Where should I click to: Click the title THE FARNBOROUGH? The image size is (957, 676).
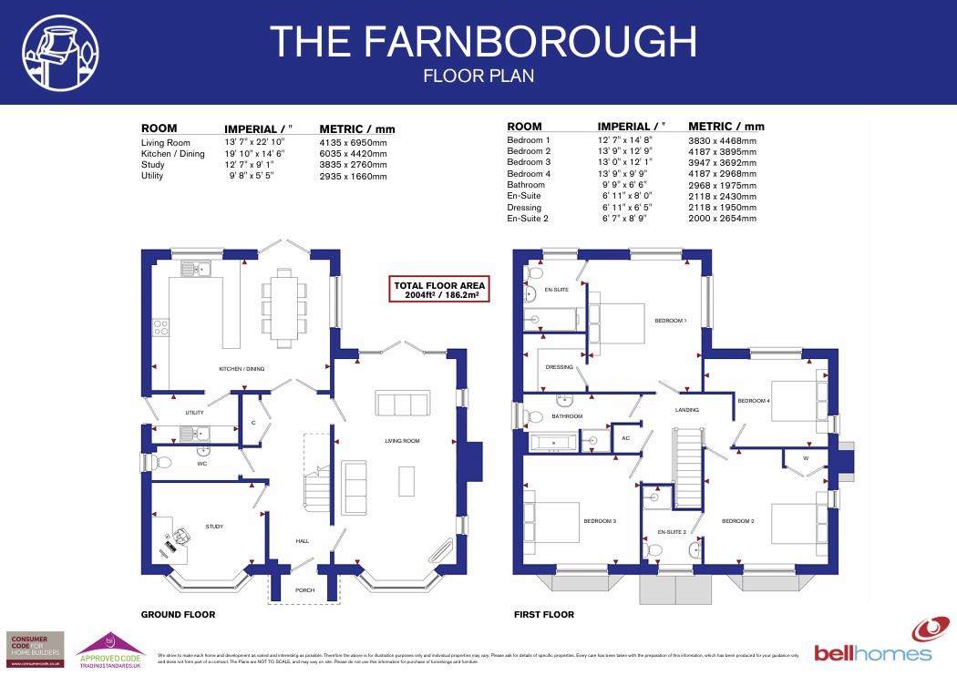pyautogui.click(x=483, y=42)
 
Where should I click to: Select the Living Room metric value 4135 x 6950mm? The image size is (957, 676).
pyautogui.click(x=353, y=143)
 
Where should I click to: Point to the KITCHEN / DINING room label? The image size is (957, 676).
pyautogui.click(x=242, y=369)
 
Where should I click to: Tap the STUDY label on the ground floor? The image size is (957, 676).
pyautogui.click(x=214, y=527)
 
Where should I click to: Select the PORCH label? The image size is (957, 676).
pyautogui.click(x=304, y=589)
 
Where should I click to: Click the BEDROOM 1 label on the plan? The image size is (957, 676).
pyautogui.click(x=671, y=321)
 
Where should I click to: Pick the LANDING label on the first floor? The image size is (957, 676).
pyautogui.click(x=686, y=410)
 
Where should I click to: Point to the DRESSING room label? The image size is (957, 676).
pyautogui.click(x=560, y=367)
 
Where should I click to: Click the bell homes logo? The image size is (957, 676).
pyautogui.click(x=873, y=642)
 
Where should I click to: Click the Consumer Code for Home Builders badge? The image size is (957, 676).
pyautogui.click(x=36, y=650)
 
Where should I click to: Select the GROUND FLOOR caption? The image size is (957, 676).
pyautogui.click(x=178, y=615)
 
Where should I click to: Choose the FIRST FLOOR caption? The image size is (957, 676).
pyautogui.click(x=544, y=615)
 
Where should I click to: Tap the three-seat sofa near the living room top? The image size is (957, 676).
pyautogui.click(x=402, y=404)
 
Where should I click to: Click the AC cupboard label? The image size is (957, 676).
pyautogui.click(x=625, y=438)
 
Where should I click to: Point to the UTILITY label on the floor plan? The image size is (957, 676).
pyautogui.click(x=194, y=413)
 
